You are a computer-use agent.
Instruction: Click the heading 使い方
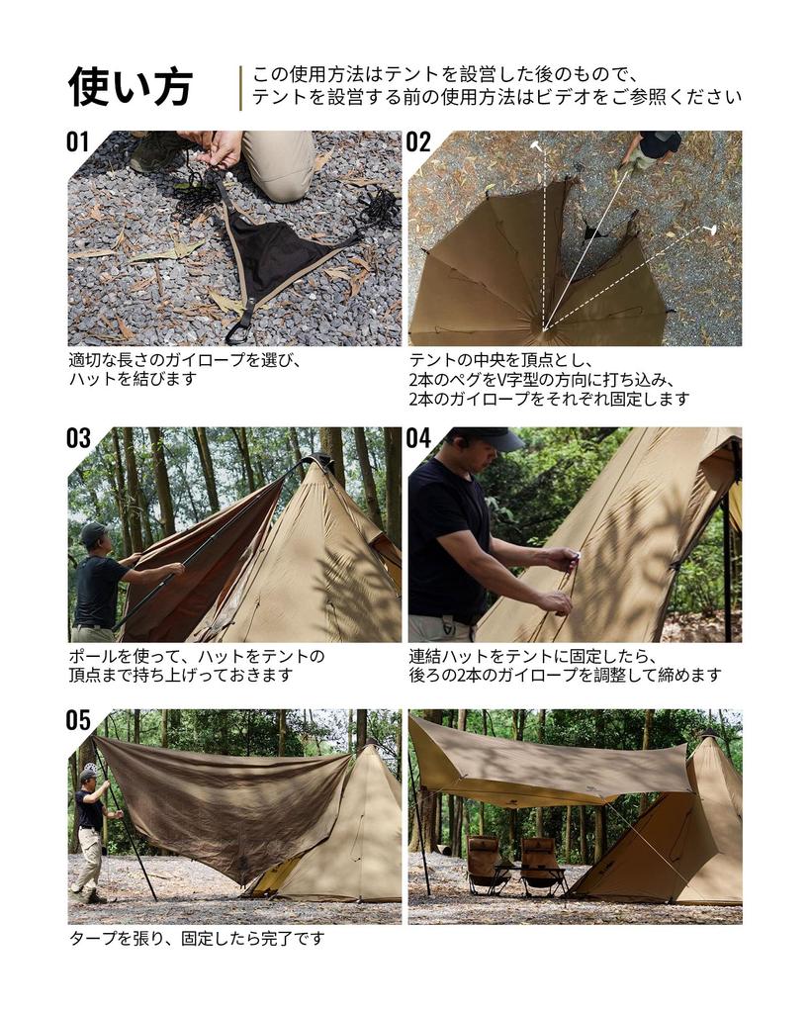click(x=130, y=87)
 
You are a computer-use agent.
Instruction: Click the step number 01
click(x=78, y=141)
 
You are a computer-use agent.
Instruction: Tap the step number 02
click(x=418, y=141)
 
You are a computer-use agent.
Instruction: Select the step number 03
click(x=78, y=438)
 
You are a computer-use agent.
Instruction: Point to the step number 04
click(x=418, y=438)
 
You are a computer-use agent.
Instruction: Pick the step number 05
click(x=78, y=720)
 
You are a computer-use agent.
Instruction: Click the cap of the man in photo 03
click(x=93, y=533)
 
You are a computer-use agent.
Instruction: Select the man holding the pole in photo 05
click(x=91, y=831)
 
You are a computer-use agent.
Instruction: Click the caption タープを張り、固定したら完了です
click(x=196, y=938)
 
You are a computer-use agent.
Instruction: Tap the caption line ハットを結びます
click(x=133, y=379)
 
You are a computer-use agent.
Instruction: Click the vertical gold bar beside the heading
click(x=240, y=87)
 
